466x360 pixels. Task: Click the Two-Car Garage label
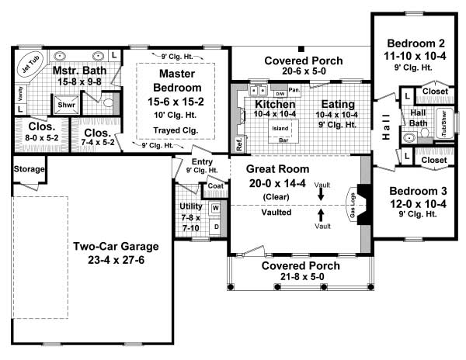tap(116, 253)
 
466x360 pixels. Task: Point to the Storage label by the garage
tap(29, 169)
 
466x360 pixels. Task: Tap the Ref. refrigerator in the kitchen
tap(238, 144)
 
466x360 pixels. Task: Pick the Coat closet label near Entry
tap(214, 187)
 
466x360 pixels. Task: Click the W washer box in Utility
tap(215, 209)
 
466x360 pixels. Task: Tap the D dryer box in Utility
tap(215, 227)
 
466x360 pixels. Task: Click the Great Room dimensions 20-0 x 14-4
tap(277, 183)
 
